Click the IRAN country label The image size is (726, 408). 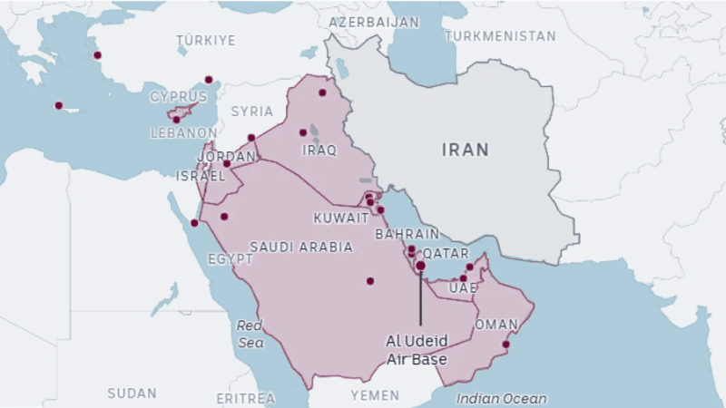point(465,150)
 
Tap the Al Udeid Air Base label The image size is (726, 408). point(417,351)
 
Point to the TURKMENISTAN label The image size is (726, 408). point(500,36)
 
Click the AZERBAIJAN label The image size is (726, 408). point(374,21)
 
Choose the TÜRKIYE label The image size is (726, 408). point(206,41)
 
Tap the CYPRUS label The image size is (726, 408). point(178,96)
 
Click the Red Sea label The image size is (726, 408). point(250,334)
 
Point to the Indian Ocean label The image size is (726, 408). point(502,398)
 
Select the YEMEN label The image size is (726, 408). point(375,395)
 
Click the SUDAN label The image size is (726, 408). point(132,393)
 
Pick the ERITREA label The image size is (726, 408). point(245,398)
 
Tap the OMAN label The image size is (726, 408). point(496,325)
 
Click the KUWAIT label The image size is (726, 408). point(340,218)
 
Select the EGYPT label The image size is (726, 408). point(231,258)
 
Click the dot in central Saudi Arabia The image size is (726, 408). point(370,281)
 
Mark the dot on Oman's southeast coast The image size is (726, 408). point(506,344)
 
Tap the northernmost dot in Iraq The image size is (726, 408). point(322,92)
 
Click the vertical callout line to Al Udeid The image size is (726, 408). point(420,299)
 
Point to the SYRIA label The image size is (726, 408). point(251,112)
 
